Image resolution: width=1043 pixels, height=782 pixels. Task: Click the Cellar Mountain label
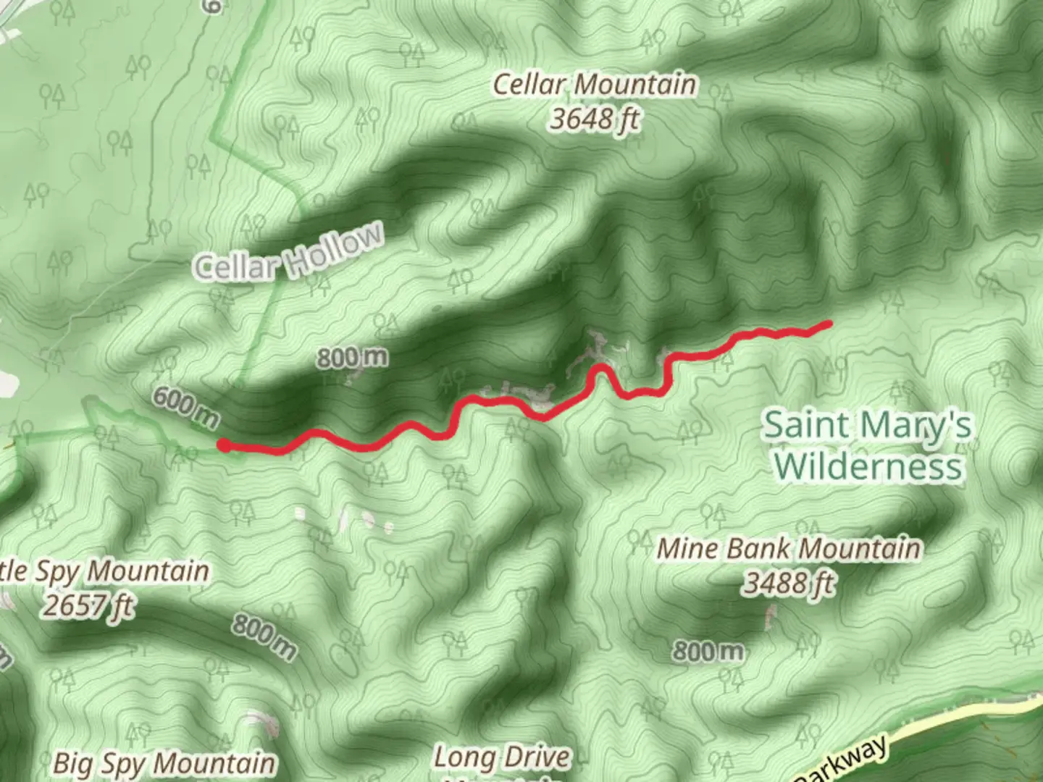click(594, 85)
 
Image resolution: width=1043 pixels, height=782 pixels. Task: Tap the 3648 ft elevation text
click(594, 118)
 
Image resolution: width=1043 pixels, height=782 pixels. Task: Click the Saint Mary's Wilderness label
click(868, 445)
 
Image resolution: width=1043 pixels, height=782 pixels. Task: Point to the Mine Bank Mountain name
click(788, 549)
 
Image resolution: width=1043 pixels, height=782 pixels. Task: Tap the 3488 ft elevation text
click(788, 582)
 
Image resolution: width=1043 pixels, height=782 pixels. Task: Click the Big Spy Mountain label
click(164, 763)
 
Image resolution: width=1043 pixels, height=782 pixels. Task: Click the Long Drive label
click(501, 758)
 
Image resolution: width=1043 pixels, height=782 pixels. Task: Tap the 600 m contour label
click(185, 408)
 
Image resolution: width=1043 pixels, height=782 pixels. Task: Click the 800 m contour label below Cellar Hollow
click(352, 357)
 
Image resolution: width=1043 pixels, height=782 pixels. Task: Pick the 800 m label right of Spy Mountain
click(264, 637)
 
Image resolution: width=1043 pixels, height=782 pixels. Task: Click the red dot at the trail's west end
click(225, 446)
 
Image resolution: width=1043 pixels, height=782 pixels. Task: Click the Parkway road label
click(844, 762)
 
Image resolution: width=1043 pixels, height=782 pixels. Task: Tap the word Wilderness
click(868, 466)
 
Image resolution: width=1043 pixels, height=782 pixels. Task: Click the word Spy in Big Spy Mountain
click(122, 763)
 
